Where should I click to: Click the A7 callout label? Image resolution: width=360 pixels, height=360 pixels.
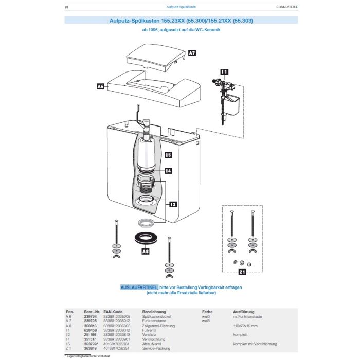pos(191,53)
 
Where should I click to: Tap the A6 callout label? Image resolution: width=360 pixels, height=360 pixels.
pos(101,87)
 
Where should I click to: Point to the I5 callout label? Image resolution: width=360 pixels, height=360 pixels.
pos(168,154)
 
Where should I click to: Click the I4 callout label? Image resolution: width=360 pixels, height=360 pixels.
pos(168,170)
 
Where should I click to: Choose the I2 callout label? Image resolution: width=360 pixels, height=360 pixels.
pos(173,204)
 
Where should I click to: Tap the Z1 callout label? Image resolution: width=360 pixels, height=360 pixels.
pos(242,271)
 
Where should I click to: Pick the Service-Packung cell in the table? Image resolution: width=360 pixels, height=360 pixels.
pos(154,348)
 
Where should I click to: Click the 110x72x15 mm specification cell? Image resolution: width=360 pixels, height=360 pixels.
pos(245,326)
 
